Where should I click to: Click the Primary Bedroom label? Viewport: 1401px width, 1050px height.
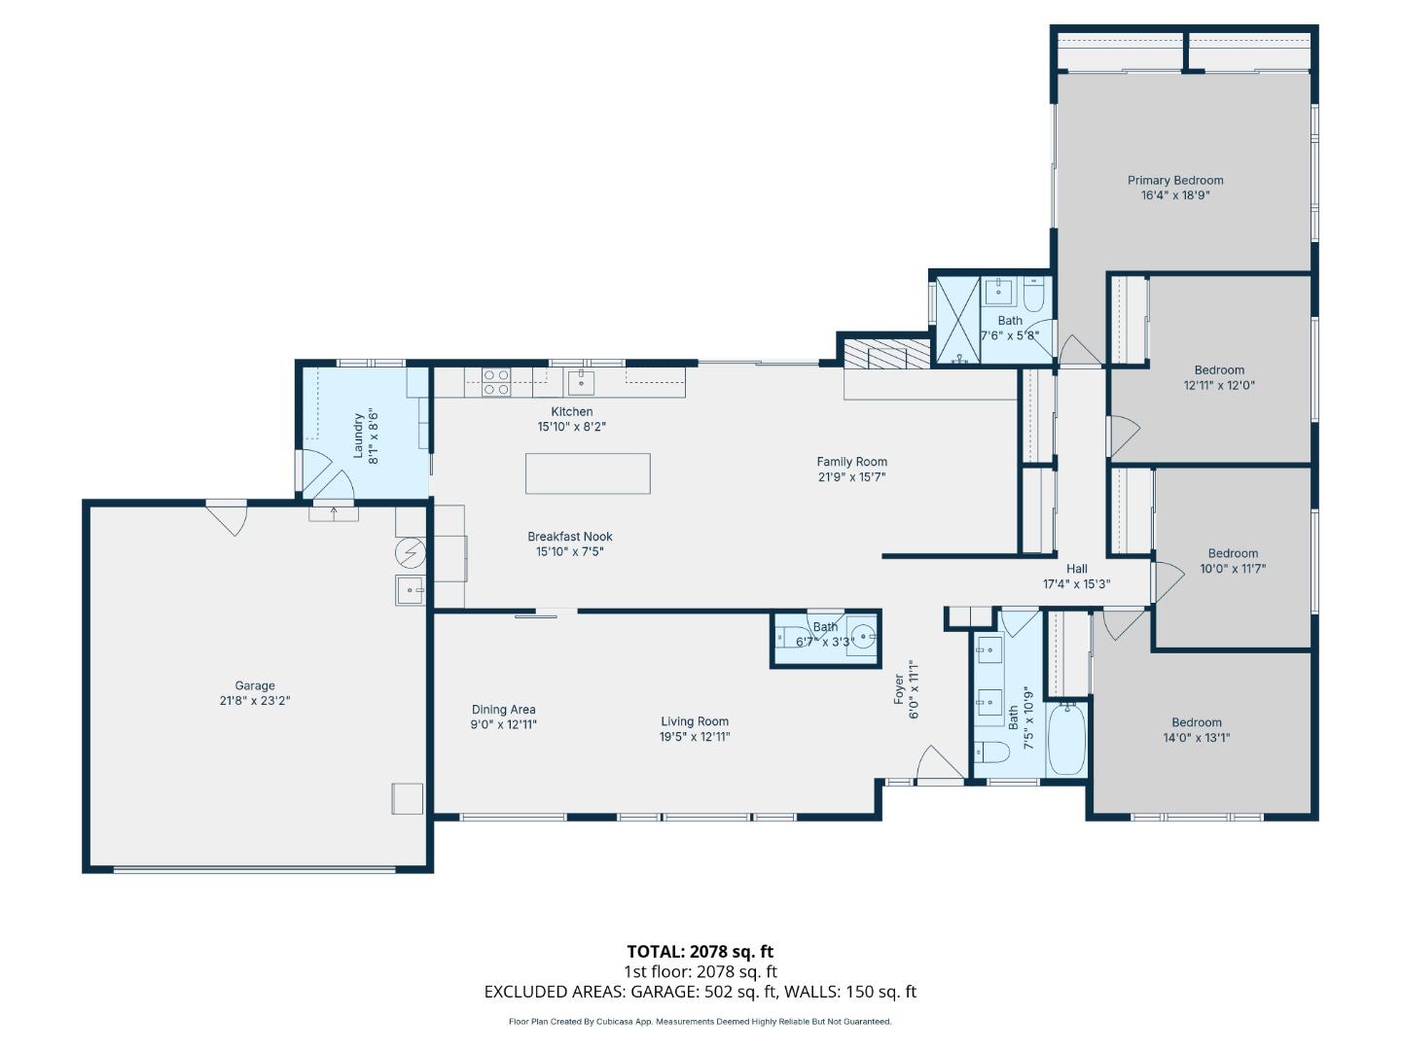point(1175,180)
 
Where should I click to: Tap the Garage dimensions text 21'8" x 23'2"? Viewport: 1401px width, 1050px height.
point(255,700)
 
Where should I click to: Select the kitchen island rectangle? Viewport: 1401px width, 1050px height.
point(588,473)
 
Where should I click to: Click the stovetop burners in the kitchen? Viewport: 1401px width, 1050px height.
point(496,382)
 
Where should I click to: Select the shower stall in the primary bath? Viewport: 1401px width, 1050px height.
point(957,321)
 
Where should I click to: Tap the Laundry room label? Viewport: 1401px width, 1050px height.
point(358,435)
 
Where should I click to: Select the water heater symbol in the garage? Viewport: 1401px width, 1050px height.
point(411,553)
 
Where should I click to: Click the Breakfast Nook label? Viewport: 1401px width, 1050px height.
point(570,537)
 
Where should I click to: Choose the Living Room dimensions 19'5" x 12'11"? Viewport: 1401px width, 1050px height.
point(695,737)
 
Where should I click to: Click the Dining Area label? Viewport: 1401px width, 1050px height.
point(504,710)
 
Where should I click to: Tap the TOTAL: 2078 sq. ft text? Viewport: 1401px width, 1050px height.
point(700,952)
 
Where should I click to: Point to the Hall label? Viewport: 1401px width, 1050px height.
point(1077,569)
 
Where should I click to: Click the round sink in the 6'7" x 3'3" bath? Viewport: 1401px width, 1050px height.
point(862,638)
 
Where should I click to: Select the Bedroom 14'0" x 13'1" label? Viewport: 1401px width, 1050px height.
point(1197,722)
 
